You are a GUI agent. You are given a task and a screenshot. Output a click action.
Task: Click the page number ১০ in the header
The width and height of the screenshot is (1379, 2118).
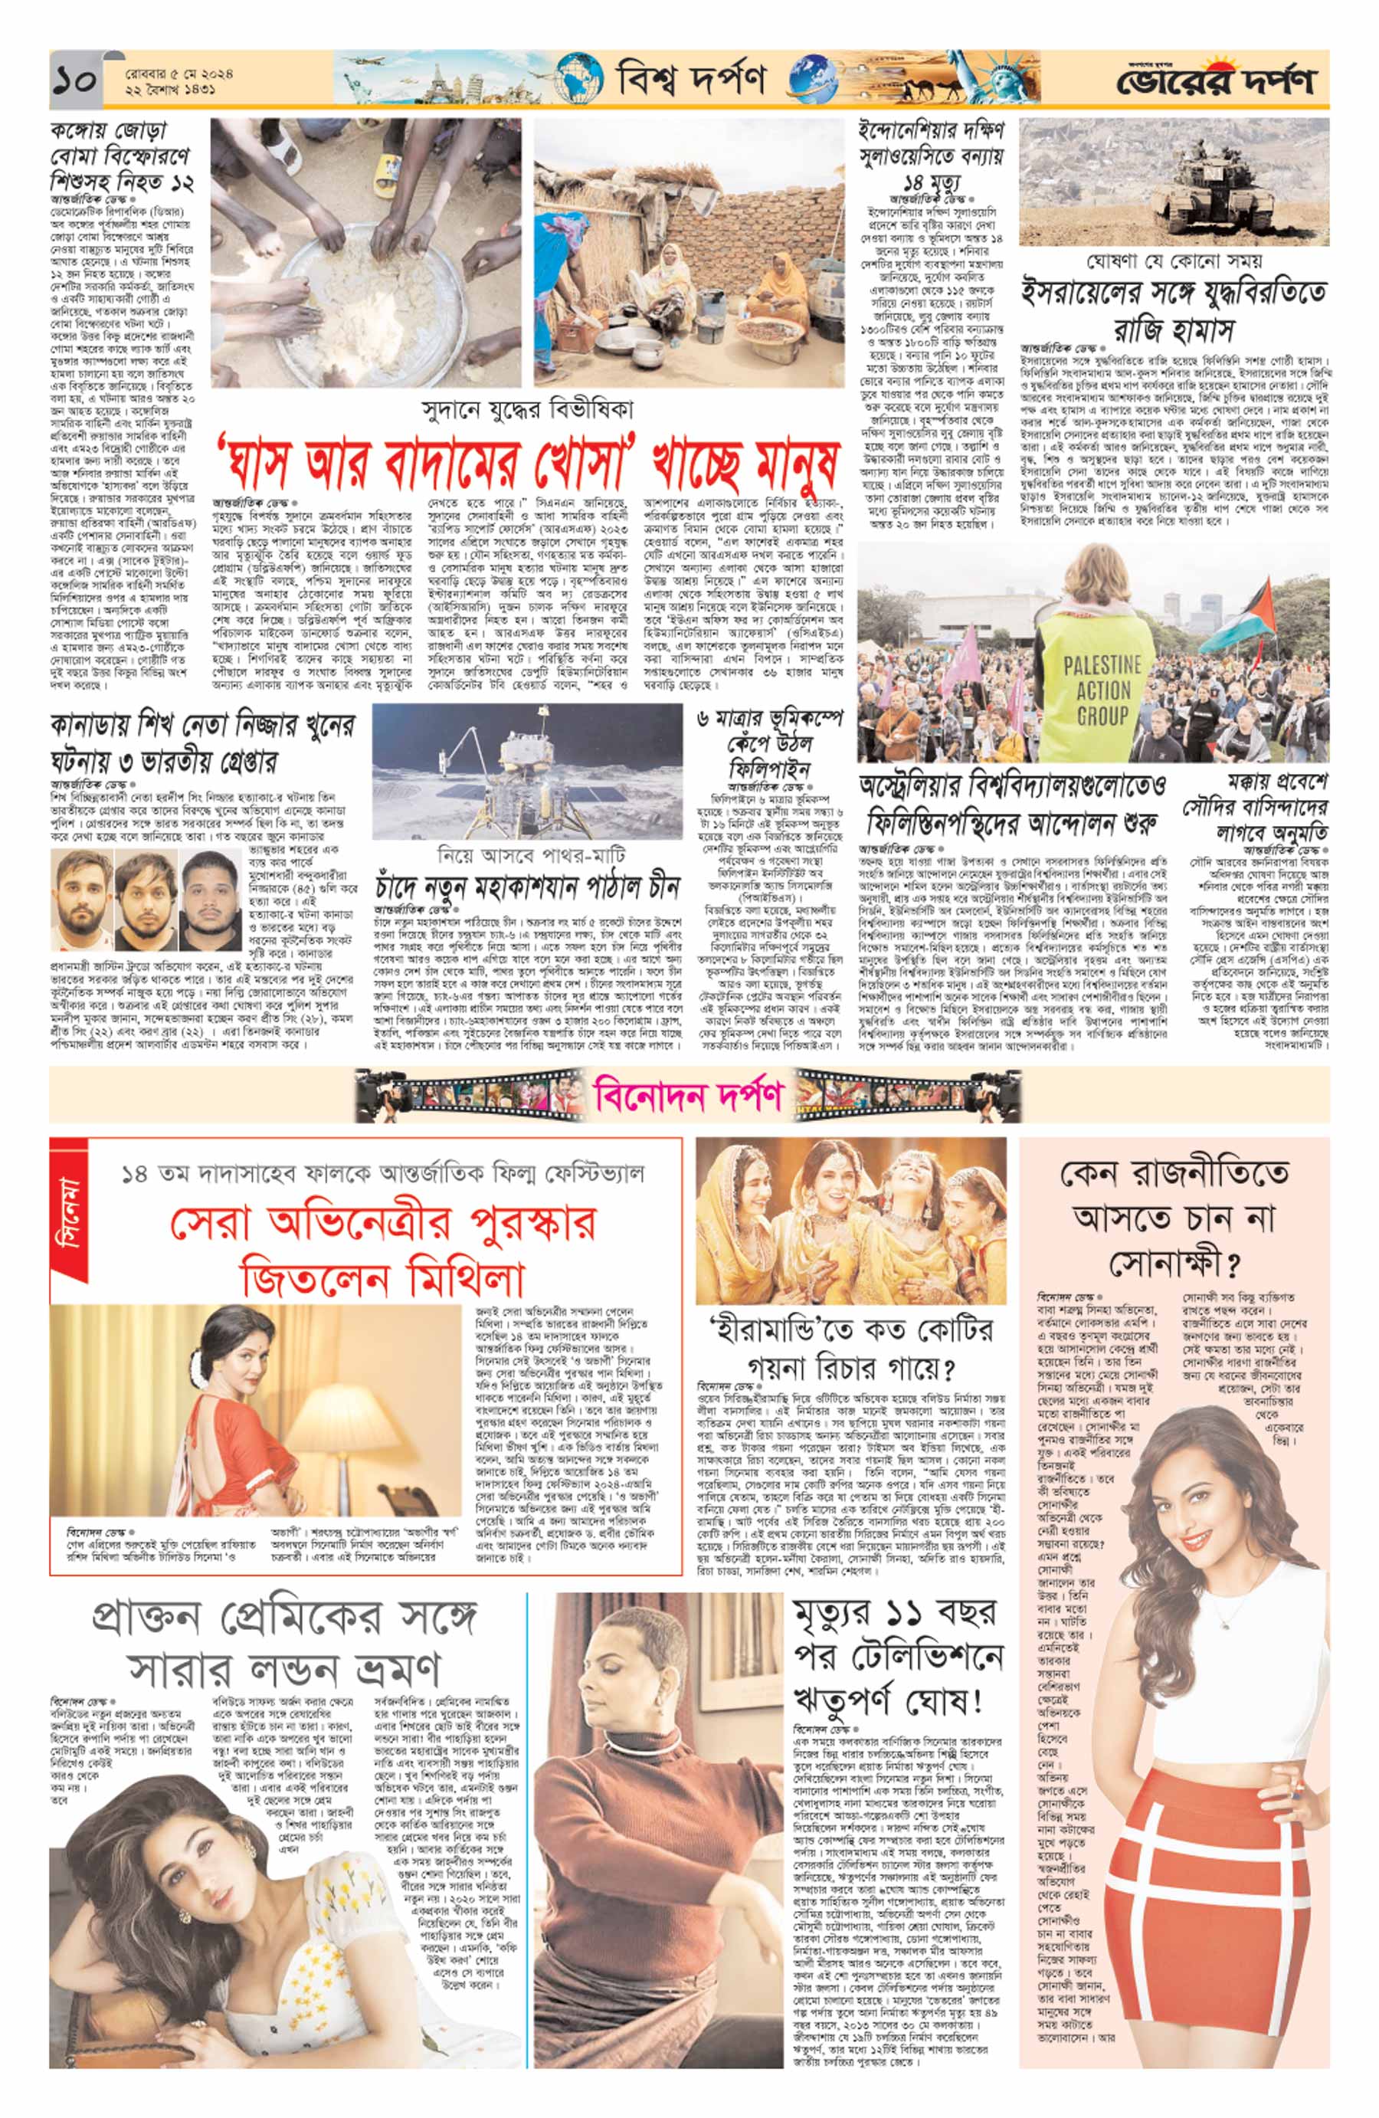click(x=78, y=82)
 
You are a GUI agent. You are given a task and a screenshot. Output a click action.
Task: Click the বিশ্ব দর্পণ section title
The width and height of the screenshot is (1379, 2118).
click(x=690, y=81)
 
